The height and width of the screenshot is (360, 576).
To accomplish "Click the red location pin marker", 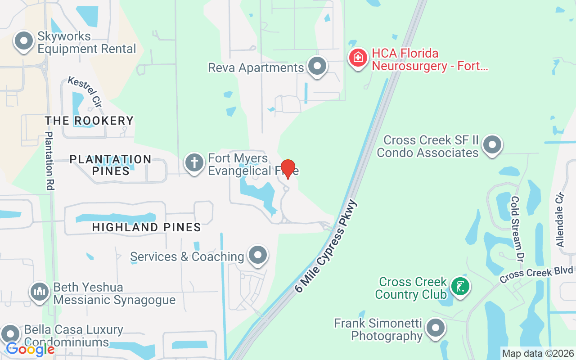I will pos(288,168).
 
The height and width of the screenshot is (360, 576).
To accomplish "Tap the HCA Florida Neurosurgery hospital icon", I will pos(358,58).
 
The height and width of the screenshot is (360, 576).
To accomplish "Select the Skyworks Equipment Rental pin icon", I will pos(24,41).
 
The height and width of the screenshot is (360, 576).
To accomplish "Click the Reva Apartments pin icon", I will pos(318,66).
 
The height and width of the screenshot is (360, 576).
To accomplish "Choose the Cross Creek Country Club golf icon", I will pos(460,286).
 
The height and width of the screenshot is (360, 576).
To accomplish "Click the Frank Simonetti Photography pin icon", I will pos(435,328).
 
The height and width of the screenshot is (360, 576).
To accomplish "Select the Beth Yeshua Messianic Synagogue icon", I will pos(40,292).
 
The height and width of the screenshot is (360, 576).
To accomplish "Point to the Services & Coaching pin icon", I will pos(258,255).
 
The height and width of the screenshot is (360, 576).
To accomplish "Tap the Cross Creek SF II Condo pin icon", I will pos(492,145).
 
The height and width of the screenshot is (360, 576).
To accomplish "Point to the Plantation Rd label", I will pos(50,161).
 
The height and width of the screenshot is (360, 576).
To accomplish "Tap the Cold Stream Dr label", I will pos(518,229).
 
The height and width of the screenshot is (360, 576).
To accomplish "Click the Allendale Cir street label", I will pos(560,220).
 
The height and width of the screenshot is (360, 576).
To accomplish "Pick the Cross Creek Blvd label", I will pos(536,273).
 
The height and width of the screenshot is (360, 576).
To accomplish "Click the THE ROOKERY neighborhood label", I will pos(89,121).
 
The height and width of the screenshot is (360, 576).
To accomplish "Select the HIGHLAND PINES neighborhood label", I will pos(147,227).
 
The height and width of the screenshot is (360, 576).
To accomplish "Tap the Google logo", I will pos(30,349).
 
